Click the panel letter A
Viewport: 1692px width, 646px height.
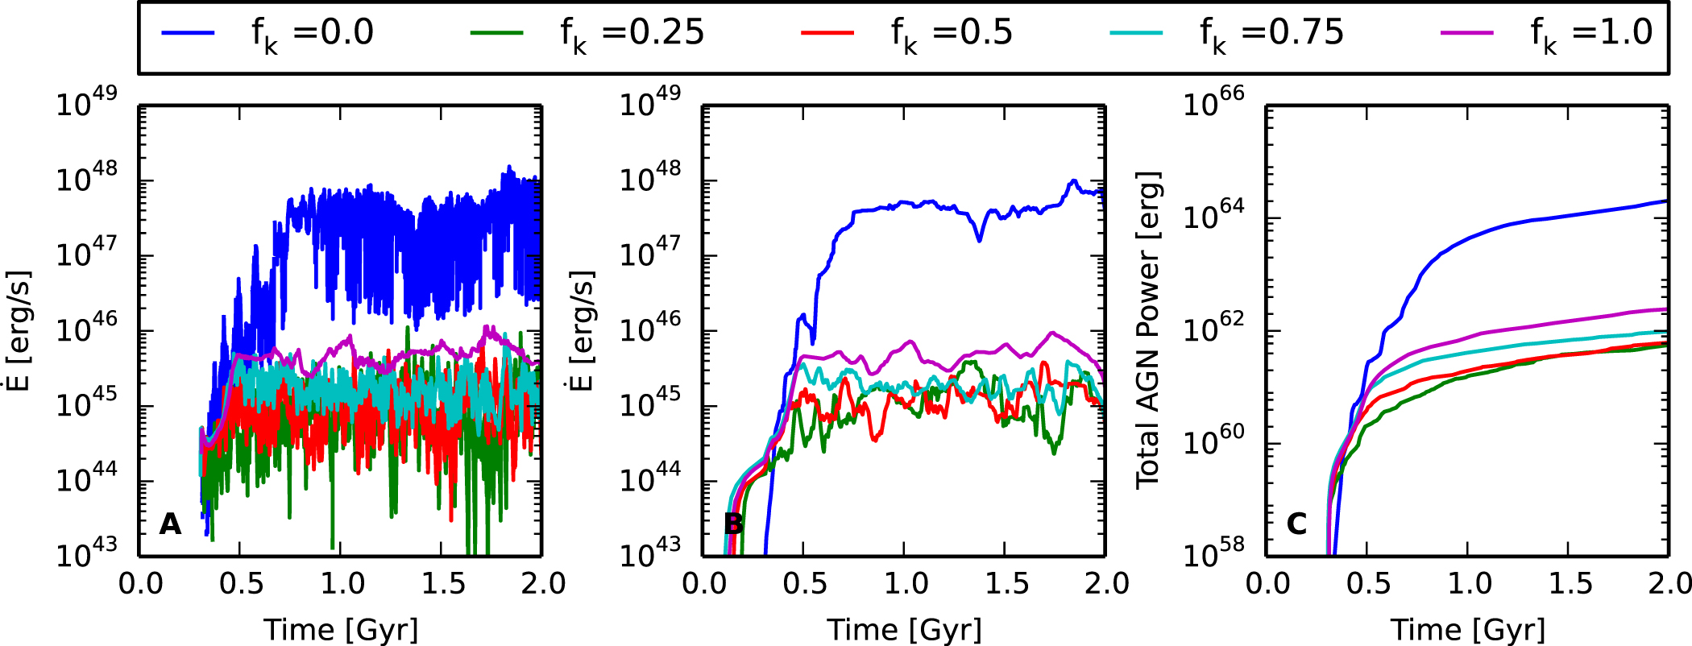pos(170,524)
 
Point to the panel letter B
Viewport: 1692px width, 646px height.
pos(733,524)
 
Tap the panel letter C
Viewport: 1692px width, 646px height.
pos(1296,524)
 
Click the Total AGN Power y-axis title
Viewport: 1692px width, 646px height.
pos(1148,330)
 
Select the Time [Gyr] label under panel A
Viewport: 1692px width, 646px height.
pos(341,630)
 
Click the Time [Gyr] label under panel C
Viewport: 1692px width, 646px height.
pos(1467,630)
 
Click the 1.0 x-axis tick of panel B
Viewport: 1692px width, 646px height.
pos(905,583)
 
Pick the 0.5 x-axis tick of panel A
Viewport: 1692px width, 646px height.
pos(240,583)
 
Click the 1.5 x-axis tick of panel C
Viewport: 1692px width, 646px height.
pos(1568,583)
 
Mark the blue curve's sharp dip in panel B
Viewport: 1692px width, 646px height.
pos(979,238)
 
